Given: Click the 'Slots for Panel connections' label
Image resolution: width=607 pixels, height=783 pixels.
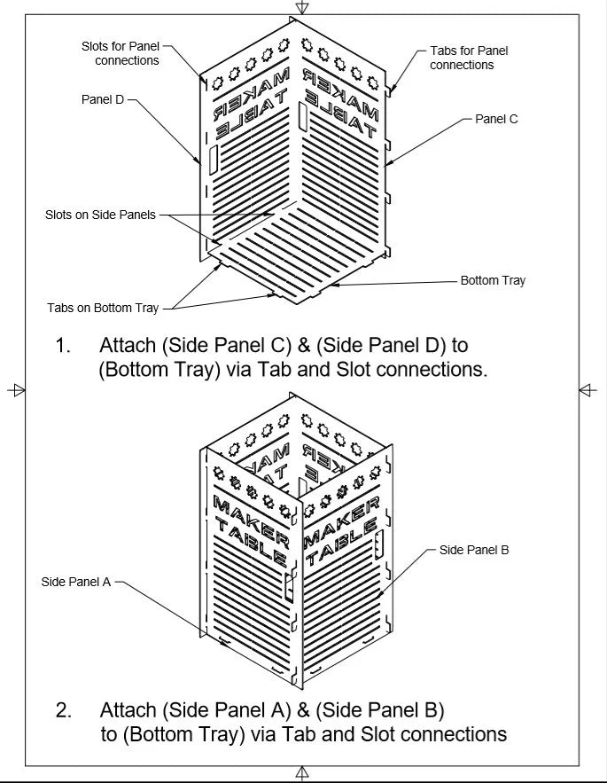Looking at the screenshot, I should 121,53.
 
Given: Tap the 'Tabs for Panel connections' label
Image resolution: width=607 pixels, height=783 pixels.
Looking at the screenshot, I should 469,58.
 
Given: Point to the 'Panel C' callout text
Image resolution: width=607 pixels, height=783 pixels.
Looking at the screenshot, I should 496,119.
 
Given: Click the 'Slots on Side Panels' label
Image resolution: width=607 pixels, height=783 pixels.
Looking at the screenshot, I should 100,215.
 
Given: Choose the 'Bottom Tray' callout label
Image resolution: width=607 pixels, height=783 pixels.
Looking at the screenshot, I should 493,280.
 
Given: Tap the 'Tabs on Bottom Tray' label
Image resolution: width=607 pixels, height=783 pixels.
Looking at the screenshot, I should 103,308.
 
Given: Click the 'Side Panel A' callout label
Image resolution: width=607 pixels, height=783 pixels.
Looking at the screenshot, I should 76,582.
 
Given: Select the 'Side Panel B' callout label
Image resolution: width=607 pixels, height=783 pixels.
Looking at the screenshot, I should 474,550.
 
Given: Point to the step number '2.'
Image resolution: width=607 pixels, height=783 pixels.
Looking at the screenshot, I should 63,710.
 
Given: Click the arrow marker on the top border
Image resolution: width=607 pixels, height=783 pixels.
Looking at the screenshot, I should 302,7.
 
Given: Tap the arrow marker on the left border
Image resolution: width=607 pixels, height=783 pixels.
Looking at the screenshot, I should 16,389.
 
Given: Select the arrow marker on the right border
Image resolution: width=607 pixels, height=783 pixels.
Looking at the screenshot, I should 588,389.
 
